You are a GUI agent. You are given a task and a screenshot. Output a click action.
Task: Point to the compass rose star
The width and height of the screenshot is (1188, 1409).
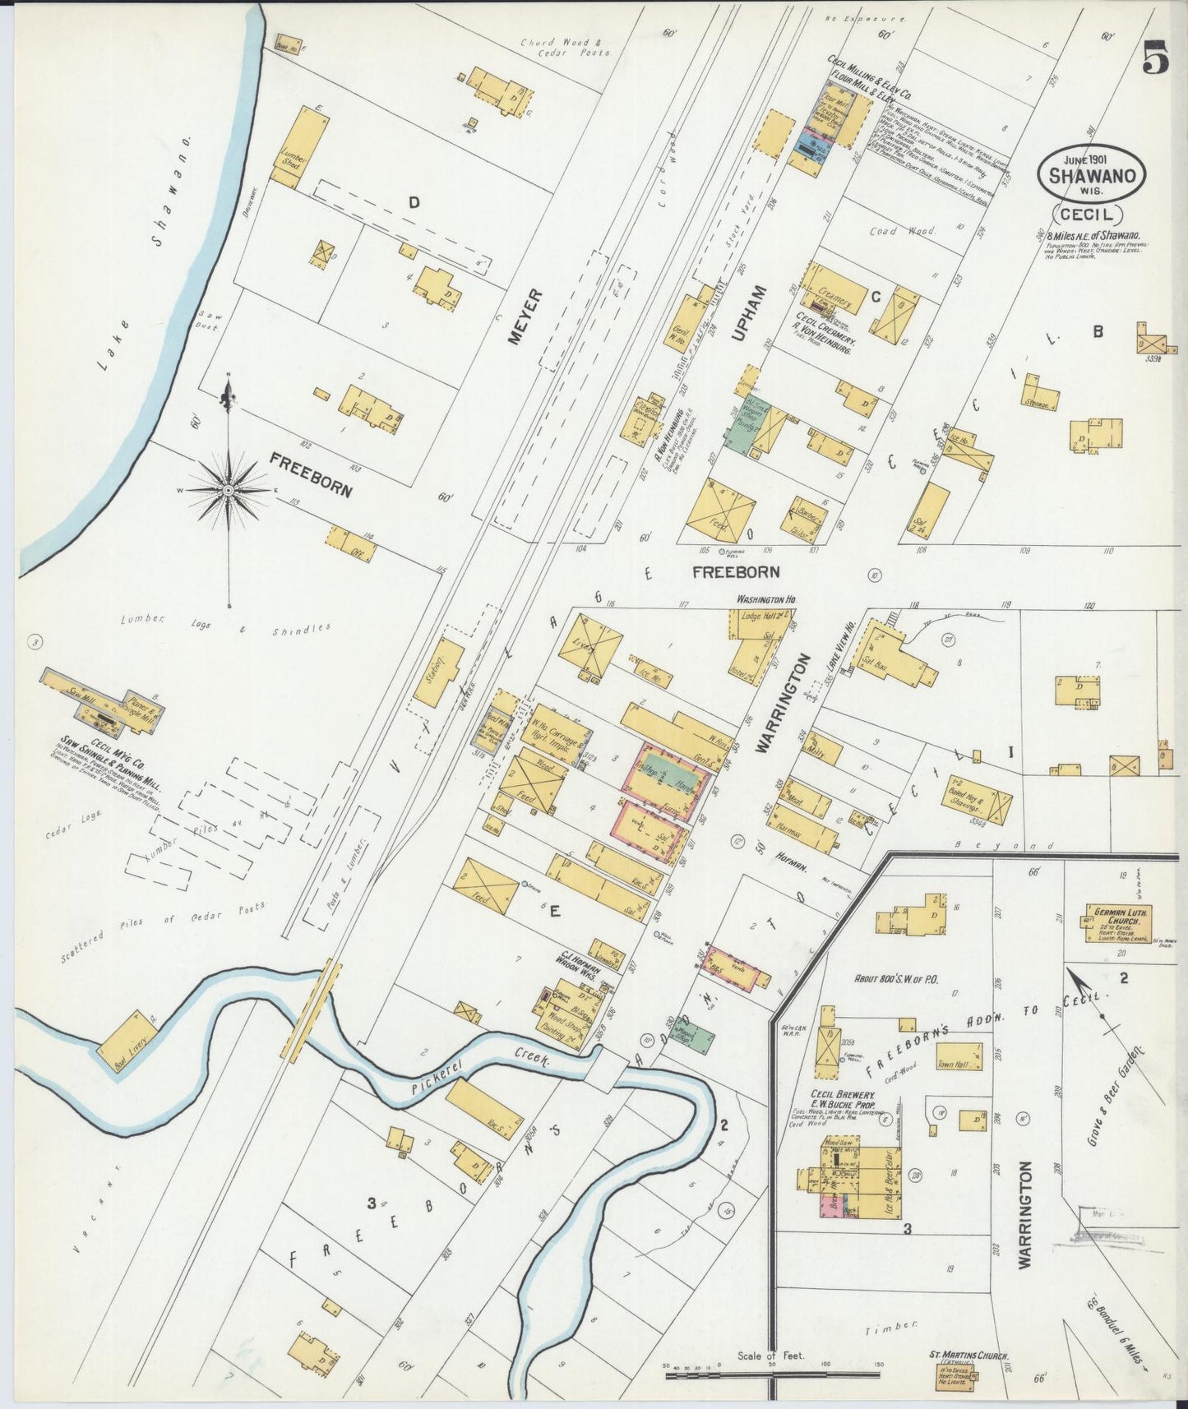tap(229, 490)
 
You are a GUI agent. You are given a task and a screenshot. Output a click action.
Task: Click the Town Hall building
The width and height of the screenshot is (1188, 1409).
tap(959, 1056)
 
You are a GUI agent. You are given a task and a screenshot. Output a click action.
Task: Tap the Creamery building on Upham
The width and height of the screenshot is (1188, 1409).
tap(837, 289)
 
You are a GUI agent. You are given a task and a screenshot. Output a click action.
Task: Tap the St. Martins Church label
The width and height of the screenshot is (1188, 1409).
tap(968, 1356)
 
